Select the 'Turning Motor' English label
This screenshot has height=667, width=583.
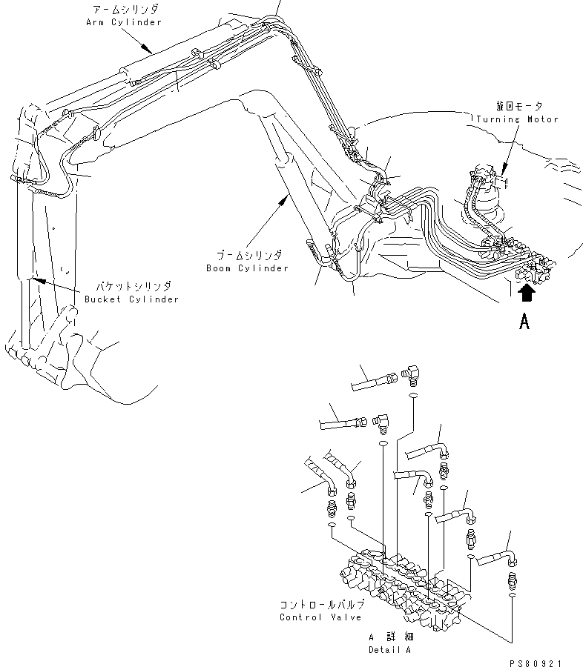pos(517,119)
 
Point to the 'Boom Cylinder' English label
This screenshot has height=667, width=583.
pos(247,268)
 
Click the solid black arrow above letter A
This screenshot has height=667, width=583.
pos(526,293)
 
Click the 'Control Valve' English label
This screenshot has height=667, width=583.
pos(320,617)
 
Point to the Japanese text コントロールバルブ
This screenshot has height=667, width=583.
pos(321,605)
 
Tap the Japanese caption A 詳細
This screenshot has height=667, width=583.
pos(391,637)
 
